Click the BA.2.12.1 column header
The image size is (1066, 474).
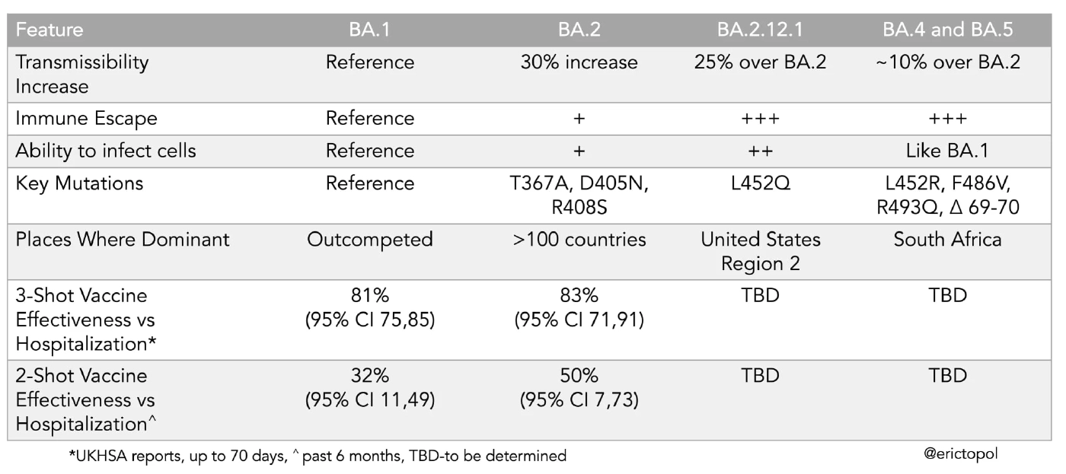coord(761,31)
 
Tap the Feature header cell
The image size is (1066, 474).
coord(49,31)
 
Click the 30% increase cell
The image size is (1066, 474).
coord(579,62)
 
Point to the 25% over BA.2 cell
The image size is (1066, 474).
coord(761,62)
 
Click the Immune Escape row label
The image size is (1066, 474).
coord(86,119)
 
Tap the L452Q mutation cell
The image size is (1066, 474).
coord(761,183)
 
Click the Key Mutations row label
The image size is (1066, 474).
coord(79,183)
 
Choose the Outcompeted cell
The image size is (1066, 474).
coord(370,240)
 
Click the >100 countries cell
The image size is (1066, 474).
coord(579,240)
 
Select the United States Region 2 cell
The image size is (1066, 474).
coord(761,252)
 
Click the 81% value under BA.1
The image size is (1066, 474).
coord(370,296)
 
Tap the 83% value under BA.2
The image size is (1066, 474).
coord(579,296)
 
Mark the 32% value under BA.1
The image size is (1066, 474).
coord(370,376)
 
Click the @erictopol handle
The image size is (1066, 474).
coord(960,453)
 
